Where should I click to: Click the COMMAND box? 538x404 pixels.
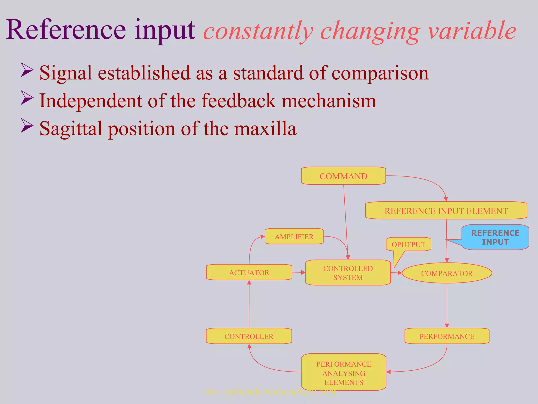coord(343,176)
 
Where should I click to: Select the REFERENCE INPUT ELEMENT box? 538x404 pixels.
coord(446,211)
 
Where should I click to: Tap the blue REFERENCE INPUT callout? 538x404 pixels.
coord(495,237)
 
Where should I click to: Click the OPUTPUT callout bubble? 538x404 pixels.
coord(408,244)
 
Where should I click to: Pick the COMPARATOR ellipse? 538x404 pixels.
coord(447,273)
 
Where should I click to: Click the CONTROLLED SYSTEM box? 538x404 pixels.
coord(348,273)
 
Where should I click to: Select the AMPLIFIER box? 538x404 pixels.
coord(294,237)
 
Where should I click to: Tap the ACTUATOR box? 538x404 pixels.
coord(249,272)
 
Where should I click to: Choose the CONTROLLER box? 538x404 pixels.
coord(249,336)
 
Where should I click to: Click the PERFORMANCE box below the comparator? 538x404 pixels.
coord(447,336)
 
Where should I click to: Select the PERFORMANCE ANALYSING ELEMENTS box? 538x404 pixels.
coord(344,373)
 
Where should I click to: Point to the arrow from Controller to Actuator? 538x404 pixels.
coord(249,305)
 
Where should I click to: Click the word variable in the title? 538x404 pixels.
coord(472,31)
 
